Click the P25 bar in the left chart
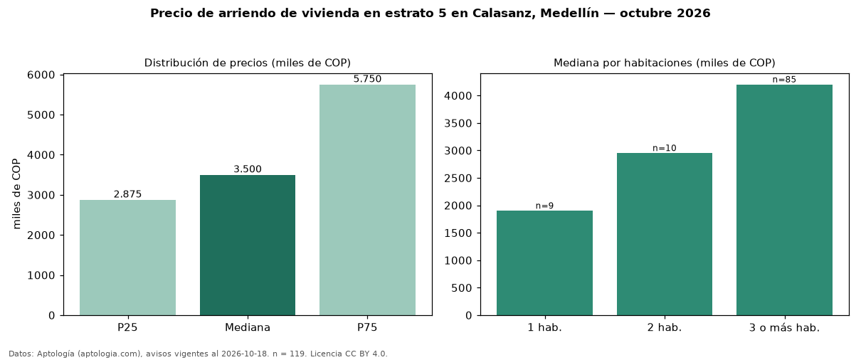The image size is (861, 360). coord(127,258)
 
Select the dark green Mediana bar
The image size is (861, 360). coord(248,245)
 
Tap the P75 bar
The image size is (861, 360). coord(367,200)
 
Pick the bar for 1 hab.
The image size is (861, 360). coord(544,263)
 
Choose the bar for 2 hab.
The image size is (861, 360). coord(665,234)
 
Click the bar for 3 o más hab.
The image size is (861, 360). coord(785,200)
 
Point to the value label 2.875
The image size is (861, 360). coord(127,194)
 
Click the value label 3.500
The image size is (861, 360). coord(248,169)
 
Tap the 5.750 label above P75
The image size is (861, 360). coord(367,79)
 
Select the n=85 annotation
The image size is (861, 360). coord(785,80)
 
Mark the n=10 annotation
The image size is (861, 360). coord(665,148)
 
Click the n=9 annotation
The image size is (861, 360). coord(544,206)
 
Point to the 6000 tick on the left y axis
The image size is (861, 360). coord(41,75)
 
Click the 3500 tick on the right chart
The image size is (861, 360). coord(458,123)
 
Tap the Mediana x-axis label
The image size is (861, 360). coord(248,327)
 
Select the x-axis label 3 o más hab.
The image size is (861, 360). coord(785,328)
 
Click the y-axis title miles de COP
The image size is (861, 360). coord(16,194)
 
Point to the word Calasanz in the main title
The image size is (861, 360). coord(504,13)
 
